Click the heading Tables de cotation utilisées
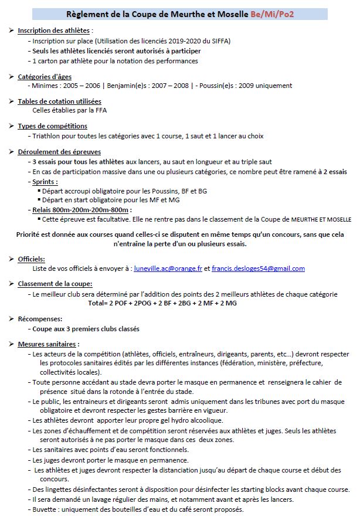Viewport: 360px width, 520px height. (x=59, y=101)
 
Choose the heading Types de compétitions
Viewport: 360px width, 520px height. (x=53, y=126)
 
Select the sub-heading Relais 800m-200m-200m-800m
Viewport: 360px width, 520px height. (x=83, y=209)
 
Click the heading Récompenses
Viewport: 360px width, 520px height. (x=40, y=319)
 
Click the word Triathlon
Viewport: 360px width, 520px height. (x=49, y=136)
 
